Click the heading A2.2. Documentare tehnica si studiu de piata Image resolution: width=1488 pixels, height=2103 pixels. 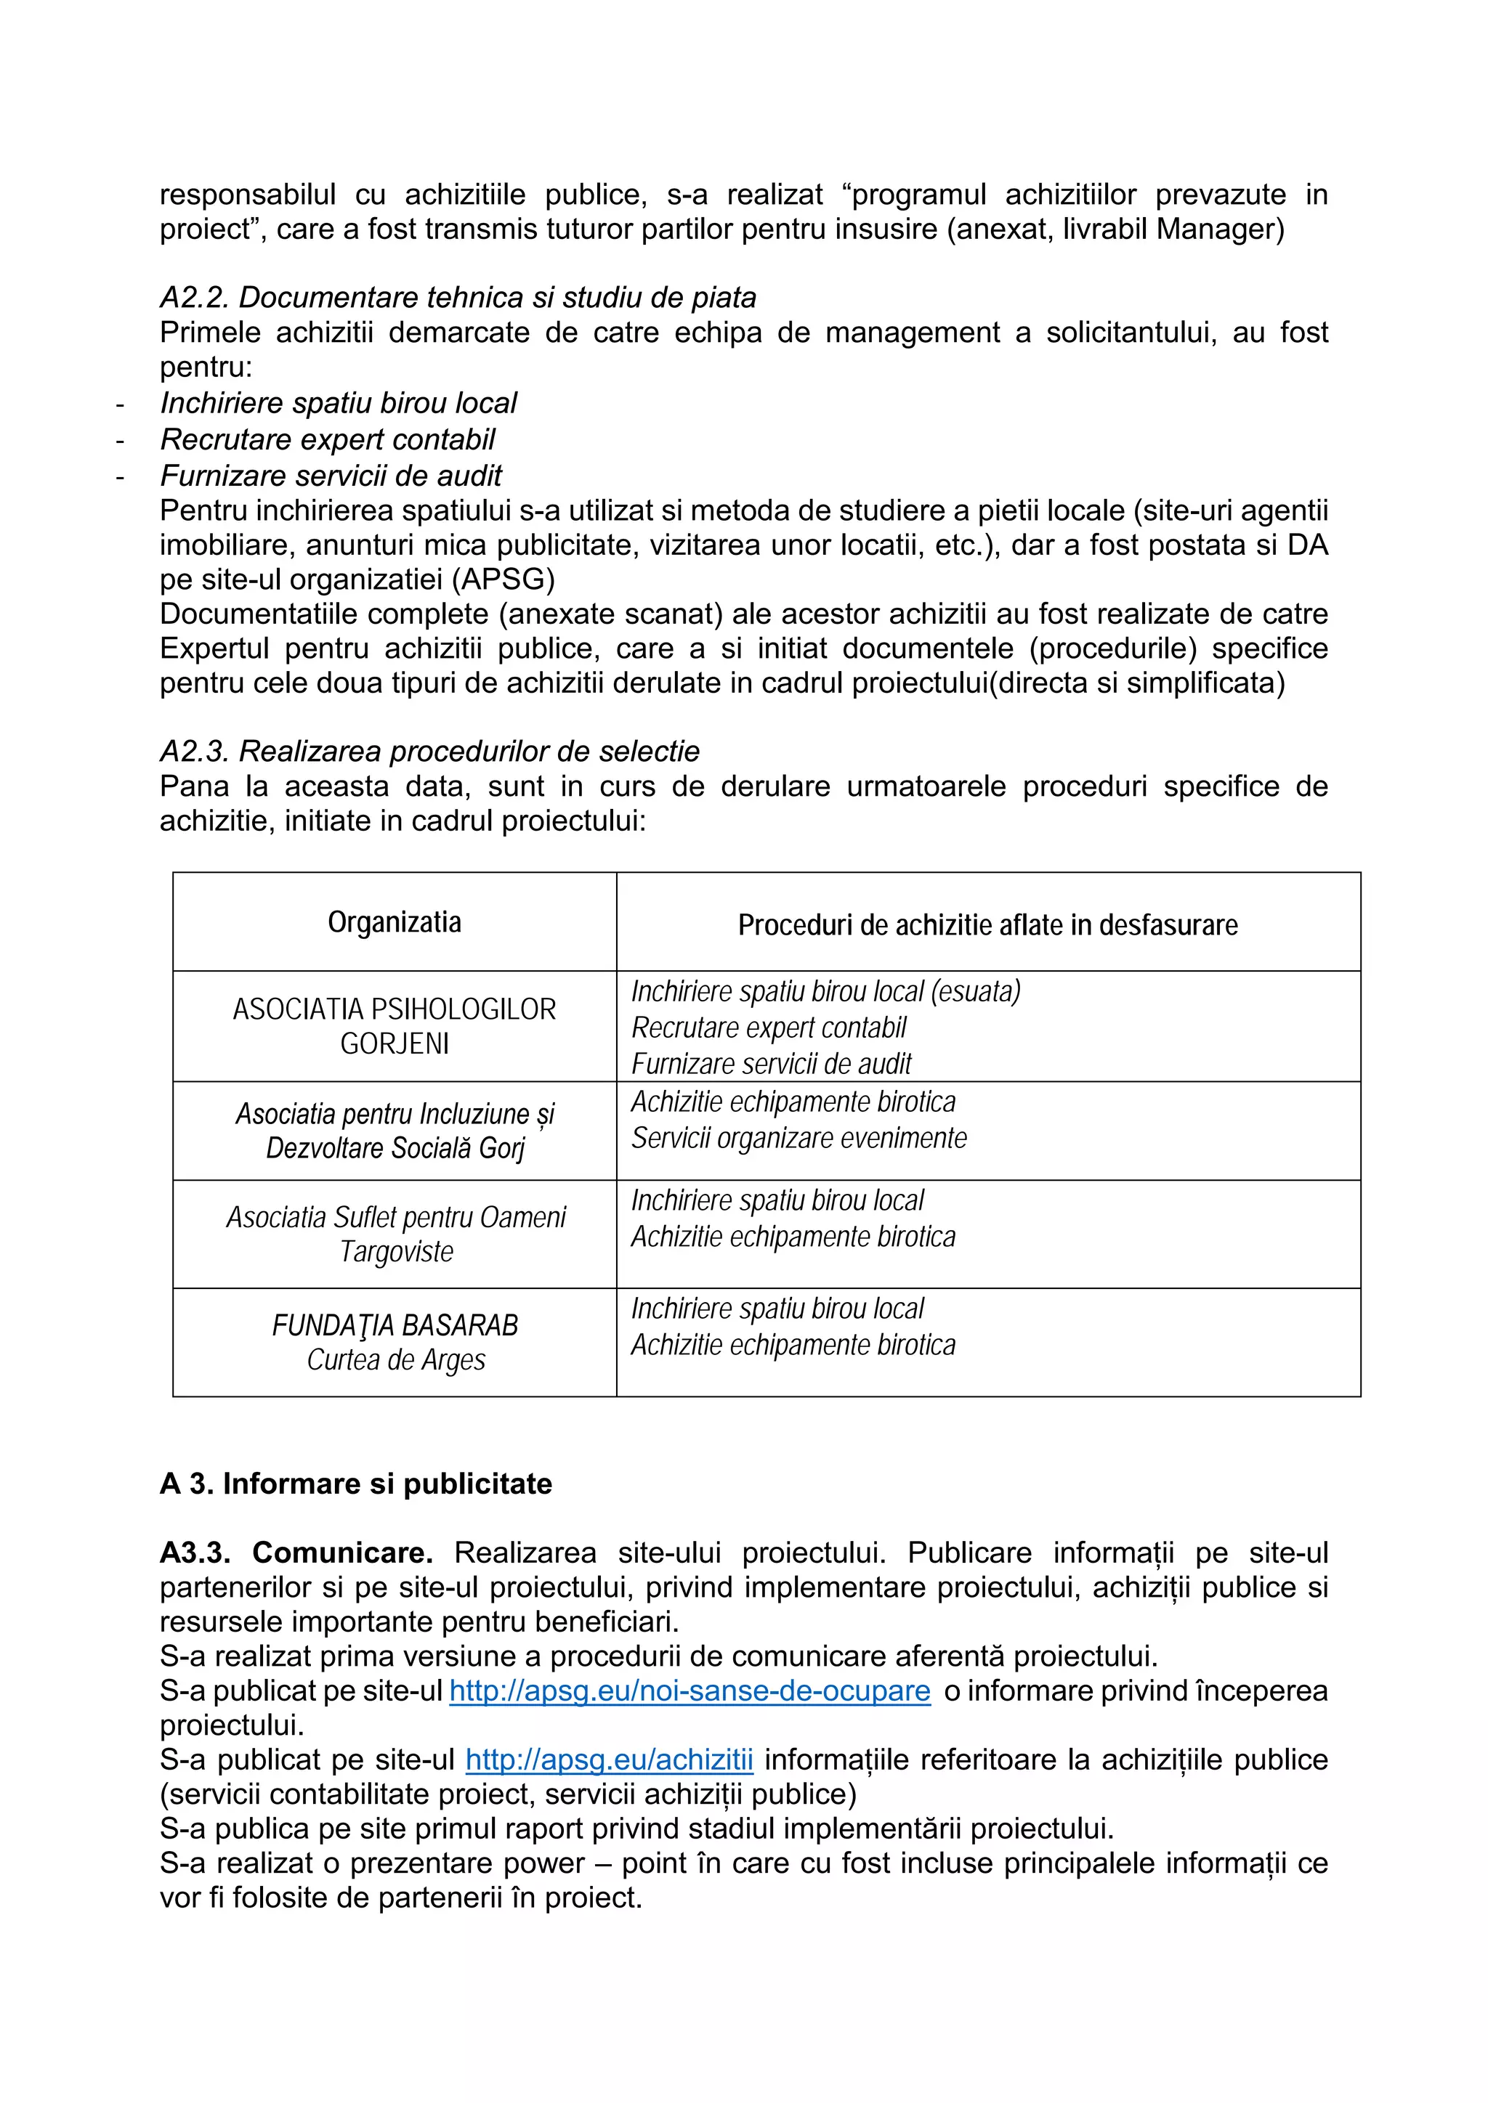[458, 298]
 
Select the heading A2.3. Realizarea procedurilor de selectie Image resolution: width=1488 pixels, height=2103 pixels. [429, 751]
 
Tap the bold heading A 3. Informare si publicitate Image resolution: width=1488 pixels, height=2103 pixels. [355, 1484]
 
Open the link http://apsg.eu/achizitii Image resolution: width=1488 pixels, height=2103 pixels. [610, 1760]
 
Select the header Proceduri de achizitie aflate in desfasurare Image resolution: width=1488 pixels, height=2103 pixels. [987, 925]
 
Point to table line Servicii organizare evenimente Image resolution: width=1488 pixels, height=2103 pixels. [799, 1139]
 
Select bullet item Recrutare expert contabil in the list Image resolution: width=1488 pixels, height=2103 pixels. [327, 439]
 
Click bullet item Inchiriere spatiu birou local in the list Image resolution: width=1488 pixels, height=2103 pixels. [338, 403]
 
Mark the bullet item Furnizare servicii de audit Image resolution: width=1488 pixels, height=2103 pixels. [331, 476]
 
